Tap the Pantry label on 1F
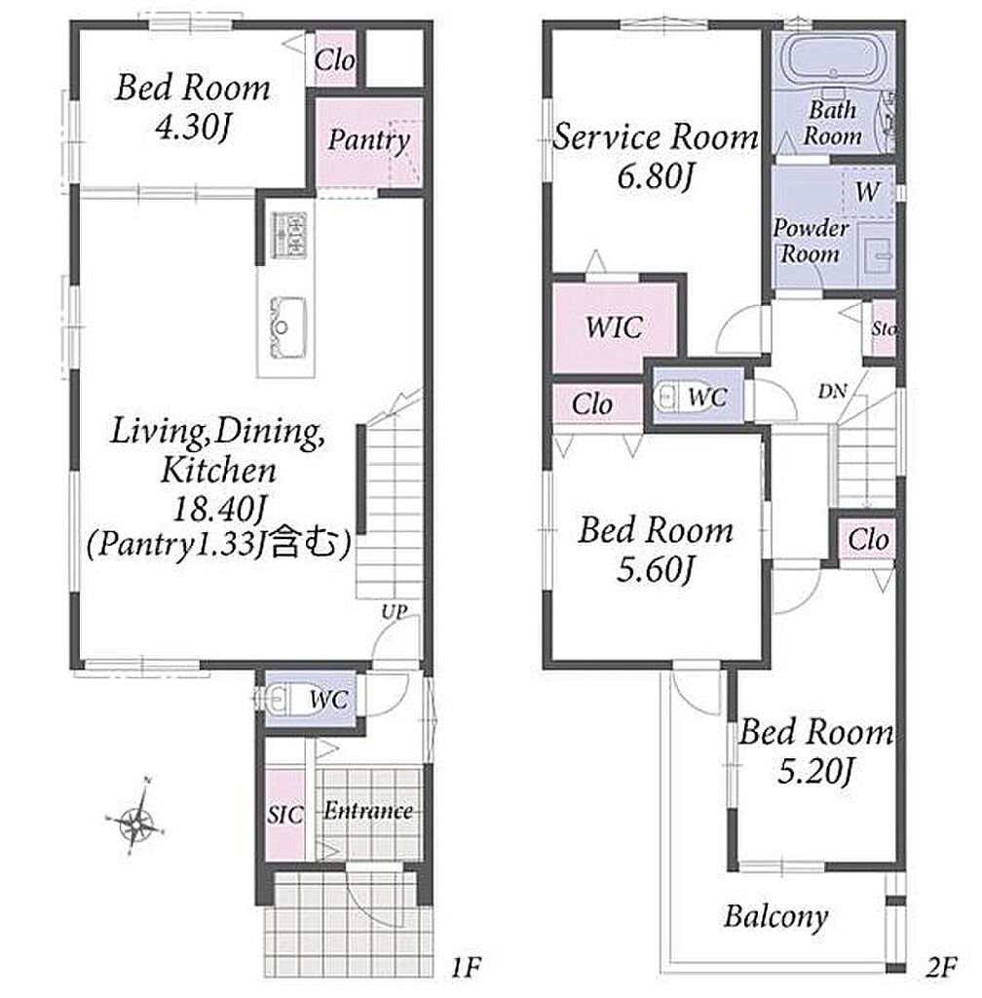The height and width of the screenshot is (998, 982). (x=369, y=140)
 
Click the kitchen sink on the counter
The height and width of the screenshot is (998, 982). (x=286, y=327)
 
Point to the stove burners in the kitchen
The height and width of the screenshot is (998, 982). (x=288, y=234)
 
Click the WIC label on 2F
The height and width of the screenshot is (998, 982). (x=614, y=327)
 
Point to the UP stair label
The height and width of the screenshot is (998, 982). (x=394, y=612)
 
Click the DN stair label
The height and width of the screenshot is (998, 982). (x=832, y=391)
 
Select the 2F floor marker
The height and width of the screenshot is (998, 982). (x=941, y=968)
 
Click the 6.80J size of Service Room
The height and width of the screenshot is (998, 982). (x=655, y=175)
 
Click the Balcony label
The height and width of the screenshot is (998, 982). (x=775, y=917)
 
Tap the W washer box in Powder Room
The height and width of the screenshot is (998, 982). (x=867, y=192)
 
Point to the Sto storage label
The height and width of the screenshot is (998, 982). (x=884, y=329)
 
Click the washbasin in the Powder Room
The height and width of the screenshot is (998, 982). (x=877, y=255)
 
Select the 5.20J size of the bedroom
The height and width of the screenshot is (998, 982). (x=814, y=772)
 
